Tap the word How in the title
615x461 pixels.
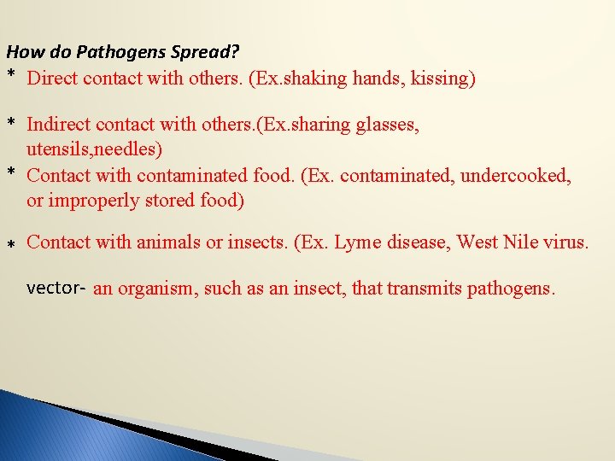click(22, 51)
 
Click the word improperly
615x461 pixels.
click(90, 201)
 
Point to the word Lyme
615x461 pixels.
click(359, 242)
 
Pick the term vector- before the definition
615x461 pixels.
click(56, 288)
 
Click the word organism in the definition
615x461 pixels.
click(151, 289)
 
